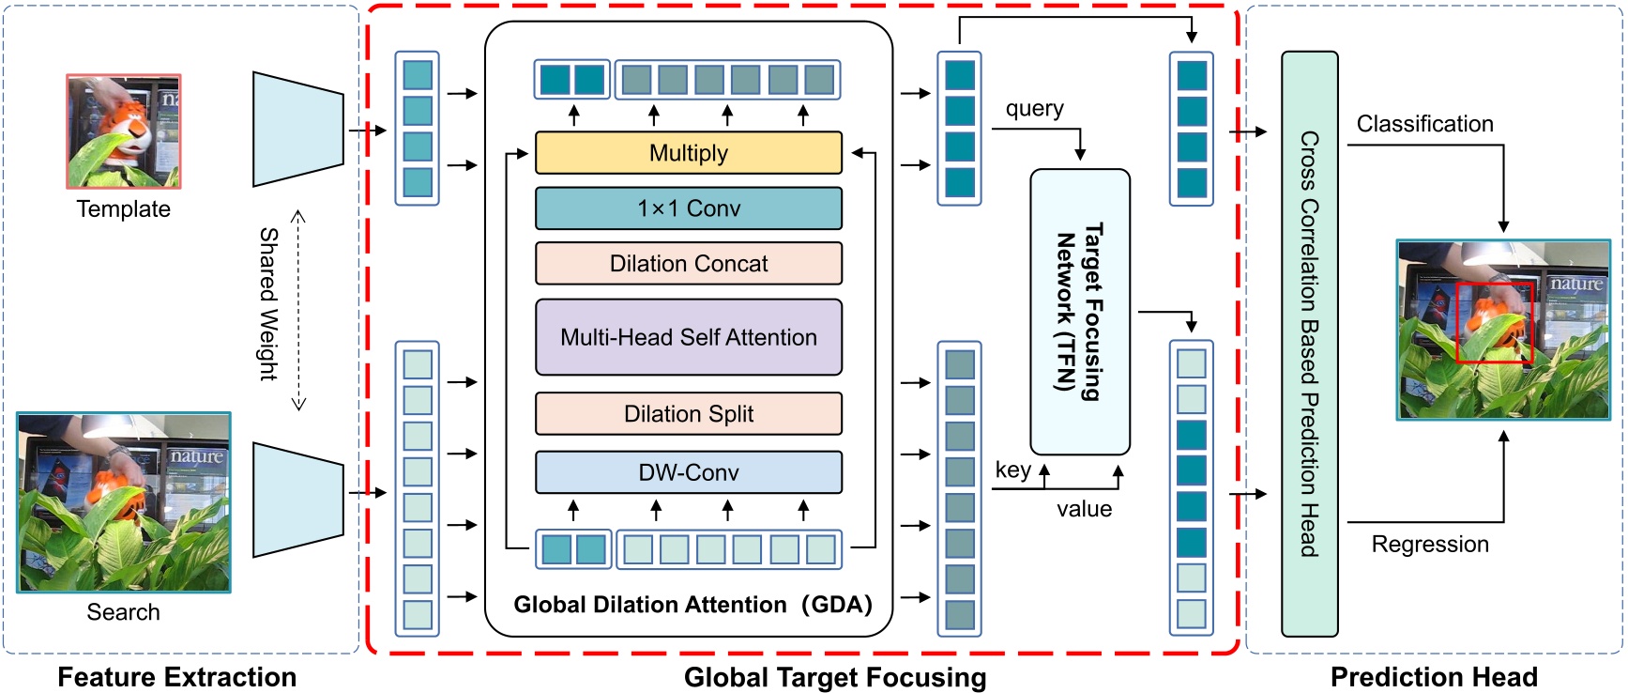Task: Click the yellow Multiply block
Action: coord(688,153)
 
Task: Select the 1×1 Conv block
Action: coord(688,208)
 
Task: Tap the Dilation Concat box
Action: coord(688,264)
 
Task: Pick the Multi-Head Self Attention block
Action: coord(688,337)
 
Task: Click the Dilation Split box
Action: coord(688,414)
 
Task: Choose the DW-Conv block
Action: coord(688,472)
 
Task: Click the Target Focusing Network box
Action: coord(1079,312)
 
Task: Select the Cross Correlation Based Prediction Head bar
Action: coord(1309,344)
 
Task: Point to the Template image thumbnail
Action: coord(123,131)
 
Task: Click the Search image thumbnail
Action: coord(123,502)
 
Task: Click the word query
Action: coord(1034,109)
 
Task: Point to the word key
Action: coord(1012,470)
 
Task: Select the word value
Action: coord(1084,509)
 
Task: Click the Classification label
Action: coord(1424,124)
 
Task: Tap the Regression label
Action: coord(1429,545)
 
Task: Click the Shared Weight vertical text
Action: coord(268,303)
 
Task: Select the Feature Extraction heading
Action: coord(176,677)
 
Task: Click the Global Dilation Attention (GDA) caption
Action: coord(692,605)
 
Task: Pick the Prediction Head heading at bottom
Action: coord(1433,677)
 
